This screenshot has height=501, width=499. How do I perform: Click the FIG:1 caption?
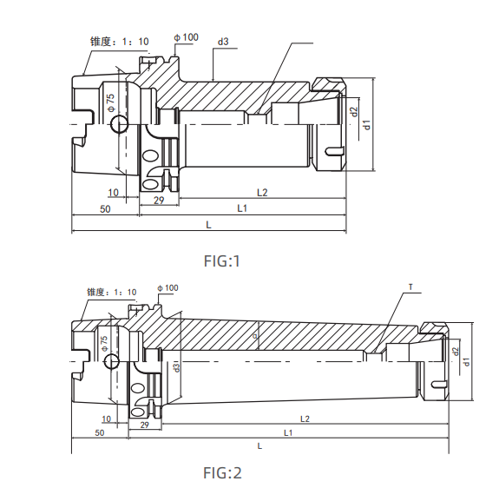[221, 261]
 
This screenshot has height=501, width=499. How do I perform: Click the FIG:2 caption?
[222, 473]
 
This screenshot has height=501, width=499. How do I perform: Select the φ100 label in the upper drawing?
[186, 37]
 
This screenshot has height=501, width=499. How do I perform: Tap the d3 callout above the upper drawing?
[224, 42]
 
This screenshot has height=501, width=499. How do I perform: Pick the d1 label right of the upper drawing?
[368, 124]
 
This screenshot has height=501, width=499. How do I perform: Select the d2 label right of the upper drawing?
[354, 111]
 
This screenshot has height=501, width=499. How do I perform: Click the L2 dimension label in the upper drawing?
[262, 191]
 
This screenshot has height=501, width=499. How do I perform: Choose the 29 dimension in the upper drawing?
[159, 201]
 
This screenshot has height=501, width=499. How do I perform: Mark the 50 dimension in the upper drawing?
[105, 209]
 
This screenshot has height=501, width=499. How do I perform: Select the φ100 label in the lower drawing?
[168, 287]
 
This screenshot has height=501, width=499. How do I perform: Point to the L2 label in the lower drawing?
[305, 419]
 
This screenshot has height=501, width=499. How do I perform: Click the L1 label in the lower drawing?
[286, 432]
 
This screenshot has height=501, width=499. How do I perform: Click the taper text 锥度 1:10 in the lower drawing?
[112, 292]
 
